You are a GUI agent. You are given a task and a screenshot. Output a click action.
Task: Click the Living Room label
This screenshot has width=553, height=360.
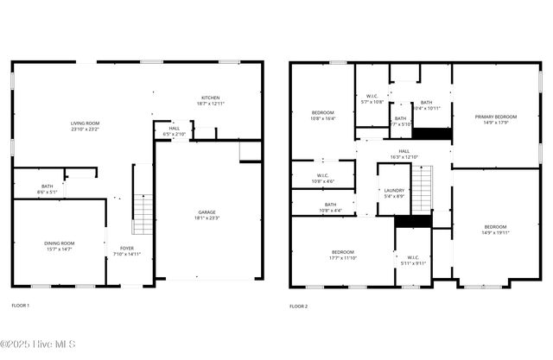[x=85, y=123]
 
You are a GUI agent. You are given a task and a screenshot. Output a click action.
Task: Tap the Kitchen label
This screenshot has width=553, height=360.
[x=212, y=98]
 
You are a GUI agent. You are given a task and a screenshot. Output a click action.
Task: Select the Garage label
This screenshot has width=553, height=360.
[x=207, y=212]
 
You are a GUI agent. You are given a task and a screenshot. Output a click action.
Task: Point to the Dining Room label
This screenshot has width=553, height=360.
[x=59, y=243]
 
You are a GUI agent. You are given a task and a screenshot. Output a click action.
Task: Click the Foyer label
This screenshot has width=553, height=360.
[x=126, y=248]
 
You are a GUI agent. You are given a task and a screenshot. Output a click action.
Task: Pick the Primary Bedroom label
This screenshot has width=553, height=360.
[x=495, y=117]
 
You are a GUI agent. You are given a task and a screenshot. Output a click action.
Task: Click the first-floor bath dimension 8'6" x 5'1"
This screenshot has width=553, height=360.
[x=47, y=192]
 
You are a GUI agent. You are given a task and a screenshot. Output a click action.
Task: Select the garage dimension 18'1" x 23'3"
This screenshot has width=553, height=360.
[x=207, y=218]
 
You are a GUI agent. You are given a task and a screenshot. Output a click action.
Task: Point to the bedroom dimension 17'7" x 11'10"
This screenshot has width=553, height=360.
[x=343, y=257]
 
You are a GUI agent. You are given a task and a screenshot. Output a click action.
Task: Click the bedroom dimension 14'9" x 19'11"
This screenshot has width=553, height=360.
[x=495, y=232]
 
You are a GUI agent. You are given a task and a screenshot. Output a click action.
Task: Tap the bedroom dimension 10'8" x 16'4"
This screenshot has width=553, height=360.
[x=322, y=118]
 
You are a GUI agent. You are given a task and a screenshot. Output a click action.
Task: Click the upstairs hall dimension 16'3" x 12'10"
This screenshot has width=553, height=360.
[x=404, y=156]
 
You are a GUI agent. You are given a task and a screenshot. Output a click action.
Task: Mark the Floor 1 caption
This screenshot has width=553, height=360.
[x=20, y=306]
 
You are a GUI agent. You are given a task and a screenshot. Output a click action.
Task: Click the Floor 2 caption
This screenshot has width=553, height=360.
[x=298, y=306]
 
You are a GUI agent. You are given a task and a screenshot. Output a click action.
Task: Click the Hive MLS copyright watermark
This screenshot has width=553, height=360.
[x=38, y=344]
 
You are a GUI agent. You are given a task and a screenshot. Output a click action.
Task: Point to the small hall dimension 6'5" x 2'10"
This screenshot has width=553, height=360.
[x=175, y=135]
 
